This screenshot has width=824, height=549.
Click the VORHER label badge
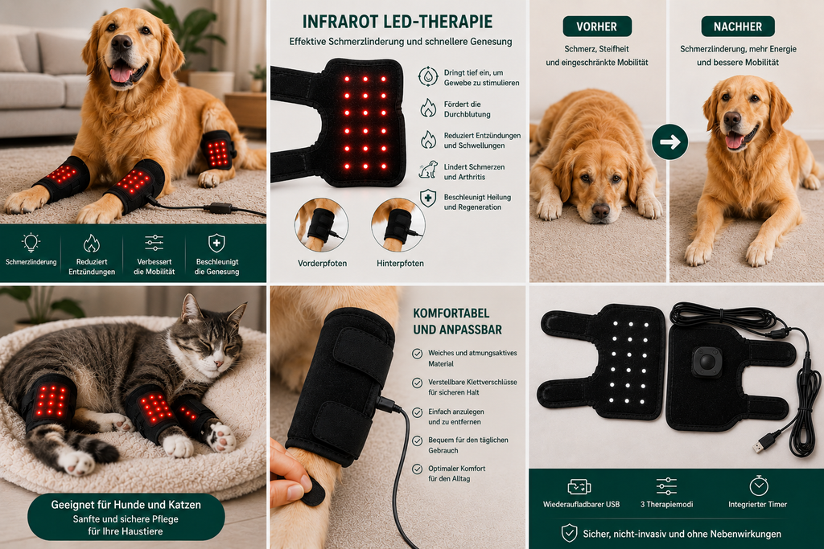pyautogui.click(x=596, y=27)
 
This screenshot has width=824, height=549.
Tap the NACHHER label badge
pyautogui.click(x=737, y=27)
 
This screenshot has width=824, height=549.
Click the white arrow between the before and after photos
pyautogui.click(x=670, y=141)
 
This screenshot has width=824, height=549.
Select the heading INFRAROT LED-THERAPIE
pyautogui.click(x=398, y=22)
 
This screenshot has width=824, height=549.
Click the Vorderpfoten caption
pyautogui.click(x=322, y=263)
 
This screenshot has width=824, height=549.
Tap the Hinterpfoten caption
pyautogui.click(x=400, y=263)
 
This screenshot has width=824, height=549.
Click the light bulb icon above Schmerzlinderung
pyautogui.click(x=31, y=243)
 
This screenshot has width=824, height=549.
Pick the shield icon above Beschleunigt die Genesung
pyautogui.click(x=216, y=243)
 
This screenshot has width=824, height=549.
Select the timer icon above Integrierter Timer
pyautogui.click(x=758, y=486)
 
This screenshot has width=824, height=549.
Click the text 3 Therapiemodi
pyautogui.click(x=666, y=504)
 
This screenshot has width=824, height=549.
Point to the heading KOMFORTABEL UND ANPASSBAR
pyautogui.click(x=457, y=322)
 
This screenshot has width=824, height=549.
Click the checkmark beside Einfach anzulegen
pyautogui.click(x=418, y=412)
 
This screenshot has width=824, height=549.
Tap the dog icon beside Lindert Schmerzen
pyautogui.click(x=428, y=170)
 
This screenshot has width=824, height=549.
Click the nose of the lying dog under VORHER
pyautogui.click(x=600, y=211)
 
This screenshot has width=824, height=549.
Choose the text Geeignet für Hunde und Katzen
pyautogui.click(x=126, y=505)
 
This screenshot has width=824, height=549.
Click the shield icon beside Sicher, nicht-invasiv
pyautogui.click(x=569, y=533)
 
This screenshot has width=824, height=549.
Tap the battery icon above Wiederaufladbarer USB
pyautogui.click(x=579, y=486)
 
